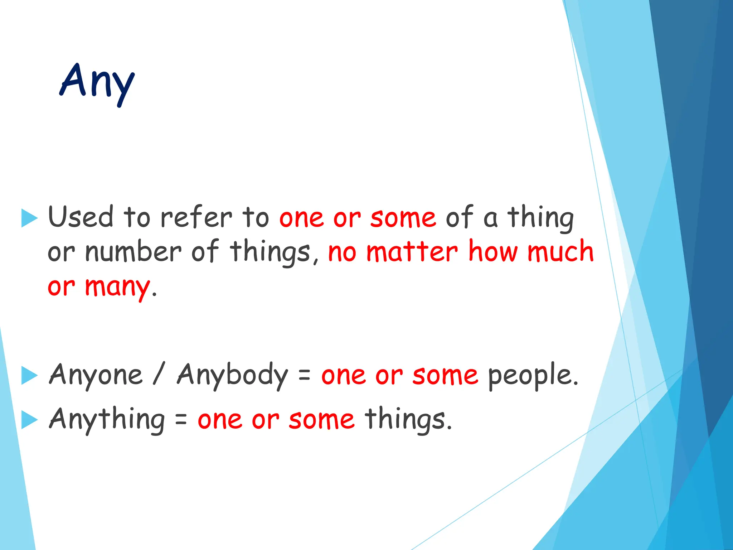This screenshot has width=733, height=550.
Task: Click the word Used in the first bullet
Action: (x=81, y=217)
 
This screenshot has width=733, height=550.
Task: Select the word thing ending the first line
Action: (x=540, y=218)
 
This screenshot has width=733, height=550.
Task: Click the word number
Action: (x=133, y=252)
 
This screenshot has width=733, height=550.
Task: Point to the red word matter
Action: (x=412, y=252)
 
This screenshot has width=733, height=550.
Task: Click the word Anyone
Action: (x=96, y=375)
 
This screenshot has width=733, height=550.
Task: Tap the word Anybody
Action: (x=232, y=375)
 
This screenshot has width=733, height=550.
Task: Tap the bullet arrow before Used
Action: (x=29, y=218)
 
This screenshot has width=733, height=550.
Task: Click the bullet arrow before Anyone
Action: (x=29, y=376)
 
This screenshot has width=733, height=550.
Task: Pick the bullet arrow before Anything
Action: (x=29, y=420)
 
